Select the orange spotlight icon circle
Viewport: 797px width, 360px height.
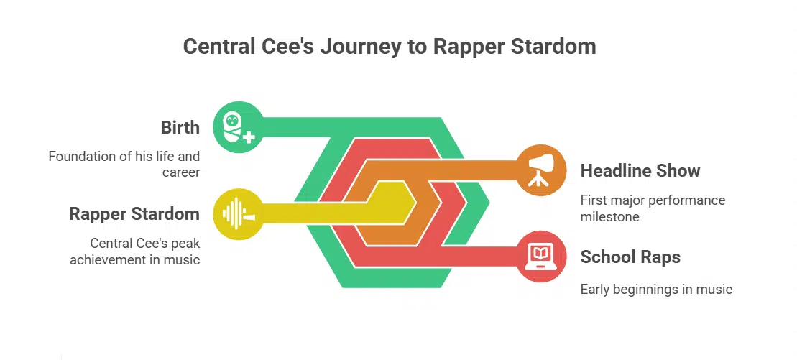542,170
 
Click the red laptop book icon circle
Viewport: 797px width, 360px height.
542,257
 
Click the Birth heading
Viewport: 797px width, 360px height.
180,128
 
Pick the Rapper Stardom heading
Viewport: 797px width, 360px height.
134,214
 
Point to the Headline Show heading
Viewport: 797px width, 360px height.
640,171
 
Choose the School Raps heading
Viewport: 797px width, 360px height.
630,257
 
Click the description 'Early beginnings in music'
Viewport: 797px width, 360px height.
656,290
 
